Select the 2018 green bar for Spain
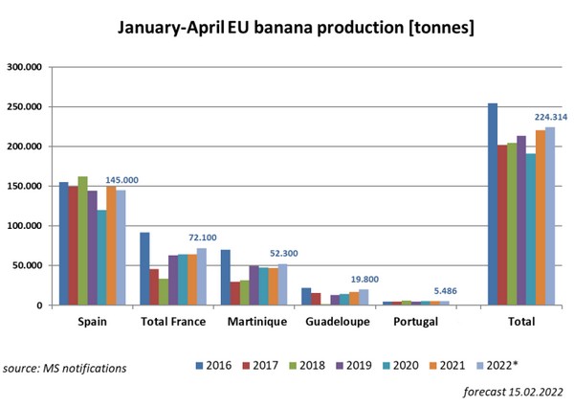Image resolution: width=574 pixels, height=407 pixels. [x=82, y=240]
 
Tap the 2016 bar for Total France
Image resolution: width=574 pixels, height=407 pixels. [x=144, y=269]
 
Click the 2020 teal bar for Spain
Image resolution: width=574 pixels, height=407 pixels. [x=101, y=258]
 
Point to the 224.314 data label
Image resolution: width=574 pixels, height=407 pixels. [x=551, y=117]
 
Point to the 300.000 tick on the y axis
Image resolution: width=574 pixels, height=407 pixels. [x=26, y=67]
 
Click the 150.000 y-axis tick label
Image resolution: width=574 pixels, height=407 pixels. [x=26, y=186]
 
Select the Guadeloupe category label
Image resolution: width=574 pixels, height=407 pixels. [x=337, y=323]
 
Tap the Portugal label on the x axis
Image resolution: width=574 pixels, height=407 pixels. [x=417, y=323]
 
